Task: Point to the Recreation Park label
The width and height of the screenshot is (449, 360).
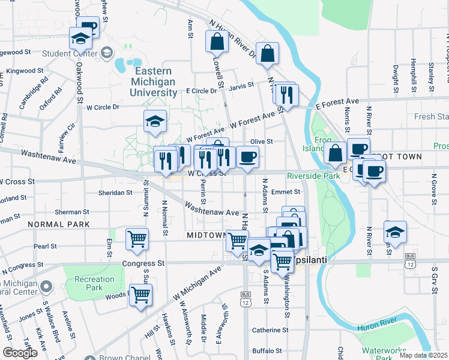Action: click(x=94, y=283)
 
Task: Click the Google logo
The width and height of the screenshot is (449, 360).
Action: click(x=20, y=353)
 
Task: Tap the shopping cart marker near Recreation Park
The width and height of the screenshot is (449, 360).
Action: click(x=140, y=295)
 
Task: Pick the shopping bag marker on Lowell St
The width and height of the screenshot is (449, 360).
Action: click(x=217, y=41)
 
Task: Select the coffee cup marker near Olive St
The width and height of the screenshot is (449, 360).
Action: click(x=247, y=157)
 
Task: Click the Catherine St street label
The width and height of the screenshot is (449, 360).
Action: click(x=270, y=330)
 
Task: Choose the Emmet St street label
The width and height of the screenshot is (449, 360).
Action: click(x=285, y=192)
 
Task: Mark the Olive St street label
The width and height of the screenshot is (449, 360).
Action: click(x=262, y=142)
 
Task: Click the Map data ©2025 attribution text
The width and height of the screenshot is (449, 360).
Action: click(x=423, y=355)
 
